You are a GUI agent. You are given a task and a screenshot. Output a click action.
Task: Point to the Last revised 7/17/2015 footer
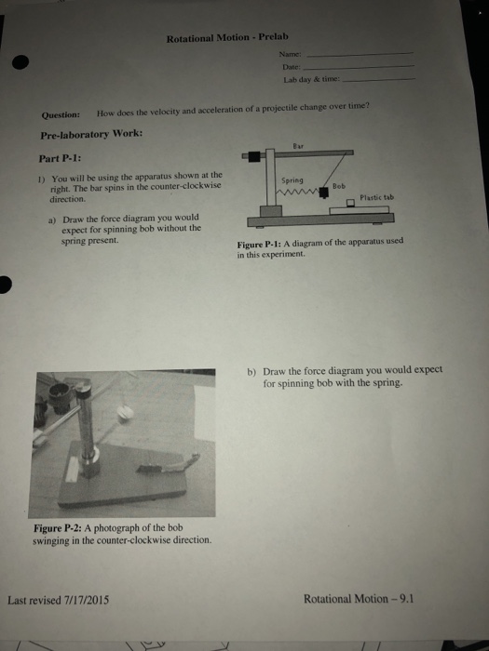59,600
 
